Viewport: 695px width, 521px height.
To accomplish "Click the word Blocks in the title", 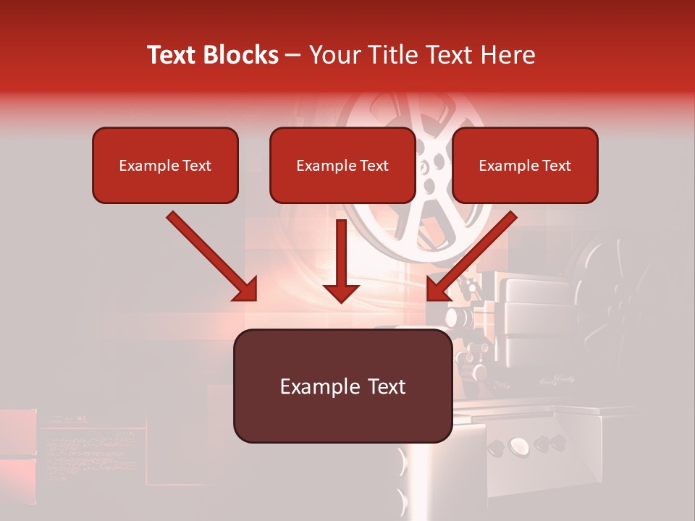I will [x=240, y=55].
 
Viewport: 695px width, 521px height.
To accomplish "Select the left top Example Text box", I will [x=165, y=166].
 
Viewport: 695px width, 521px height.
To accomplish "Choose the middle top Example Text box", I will [x=342, y=166].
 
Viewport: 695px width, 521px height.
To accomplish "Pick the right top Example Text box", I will [x=525, y=166].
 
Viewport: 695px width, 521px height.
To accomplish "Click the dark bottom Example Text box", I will [x=342, y=386].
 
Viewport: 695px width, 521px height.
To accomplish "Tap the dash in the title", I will [x=293, y=55].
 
